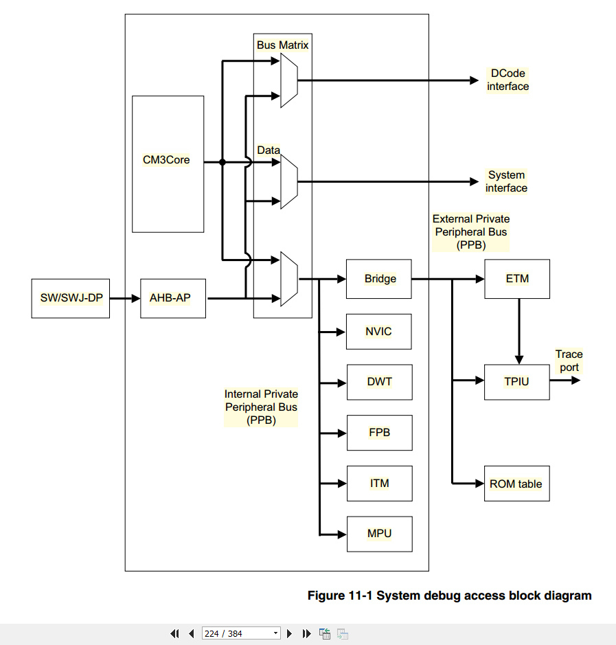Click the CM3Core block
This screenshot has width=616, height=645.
(168, 164)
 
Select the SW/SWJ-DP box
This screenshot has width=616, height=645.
(71, 298)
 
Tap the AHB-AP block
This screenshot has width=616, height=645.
(173, 298)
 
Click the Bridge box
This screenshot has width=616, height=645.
(378, 279)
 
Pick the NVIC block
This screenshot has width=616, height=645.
(378, 332)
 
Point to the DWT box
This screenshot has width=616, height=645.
(380, 382)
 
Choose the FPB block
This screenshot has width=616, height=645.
(380, 433)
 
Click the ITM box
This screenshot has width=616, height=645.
(380, 484)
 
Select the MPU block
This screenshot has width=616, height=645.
(380, 534)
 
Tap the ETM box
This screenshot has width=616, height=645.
(517, 279)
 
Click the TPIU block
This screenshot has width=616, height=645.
(517, 382)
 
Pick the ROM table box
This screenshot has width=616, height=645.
(517, 484)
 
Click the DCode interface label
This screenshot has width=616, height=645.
(508, 80)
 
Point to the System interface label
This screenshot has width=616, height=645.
(506, 181)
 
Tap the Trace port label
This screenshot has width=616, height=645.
(569, 361)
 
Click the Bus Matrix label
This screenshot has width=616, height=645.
(282, 45)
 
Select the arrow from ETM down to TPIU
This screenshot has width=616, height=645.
(519, 332)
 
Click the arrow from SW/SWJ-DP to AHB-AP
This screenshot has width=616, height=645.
(125, 298)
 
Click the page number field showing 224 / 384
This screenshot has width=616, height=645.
(241, 633)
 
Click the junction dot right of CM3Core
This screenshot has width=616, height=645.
(223, 163)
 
